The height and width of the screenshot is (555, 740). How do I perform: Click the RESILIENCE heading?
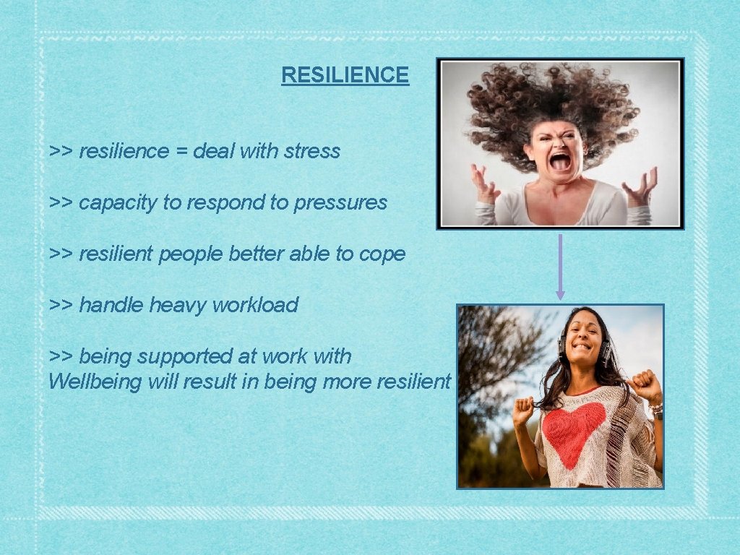[345, 74]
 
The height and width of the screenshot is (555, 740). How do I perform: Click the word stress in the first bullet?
[312, 151]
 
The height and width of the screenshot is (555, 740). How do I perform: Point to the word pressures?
[340, 203]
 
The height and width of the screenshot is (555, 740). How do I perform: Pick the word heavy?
[174, 305]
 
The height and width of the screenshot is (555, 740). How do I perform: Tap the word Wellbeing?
[95, 382]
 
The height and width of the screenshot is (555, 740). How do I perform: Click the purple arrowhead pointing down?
[560, 295]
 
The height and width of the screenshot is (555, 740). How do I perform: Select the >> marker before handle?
[60, 305]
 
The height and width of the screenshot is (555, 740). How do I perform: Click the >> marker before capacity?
[60, 203]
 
